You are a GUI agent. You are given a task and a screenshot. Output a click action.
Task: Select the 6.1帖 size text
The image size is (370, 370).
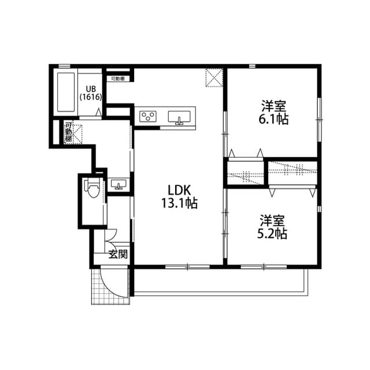tap(274, 120)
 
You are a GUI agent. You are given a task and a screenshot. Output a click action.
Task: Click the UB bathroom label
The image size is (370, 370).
tap(91, 88)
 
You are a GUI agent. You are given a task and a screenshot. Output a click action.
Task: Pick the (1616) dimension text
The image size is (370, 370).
tap(91, 97)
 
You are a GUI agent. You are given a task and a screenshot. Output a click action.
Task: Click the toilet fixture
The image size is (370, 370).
tap(91, 190)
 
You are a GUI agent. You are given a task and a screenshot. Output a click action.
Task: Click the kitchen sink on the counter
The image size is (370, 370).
tap(179, 118)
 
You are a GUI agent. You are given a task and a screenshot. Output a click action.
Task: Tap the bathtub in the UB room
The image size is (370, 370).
tap(65, 92)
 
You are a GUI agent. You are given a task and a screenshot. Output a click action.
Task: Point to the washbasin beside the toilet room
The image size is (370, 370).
tap(120, 185)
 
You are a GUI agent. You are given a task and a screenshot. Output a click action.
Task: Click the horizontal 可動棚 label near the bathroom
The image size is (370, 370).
tap(118, 77)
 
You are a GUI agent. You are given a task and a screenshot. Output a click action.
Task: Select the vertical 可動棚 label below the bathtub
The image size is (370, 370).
tap(68, 132)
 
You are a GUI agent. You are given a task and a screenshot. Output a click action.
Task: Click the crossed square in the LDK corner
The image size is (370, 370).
tap(214, 77)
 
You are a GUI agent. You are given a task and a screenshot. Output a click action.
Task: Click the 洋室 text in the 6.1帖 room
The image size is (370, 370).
tap(274, 107)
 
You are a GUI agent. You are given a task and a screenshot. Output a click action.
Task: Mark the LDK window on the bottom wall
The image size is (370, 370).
tap(188, 267)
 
